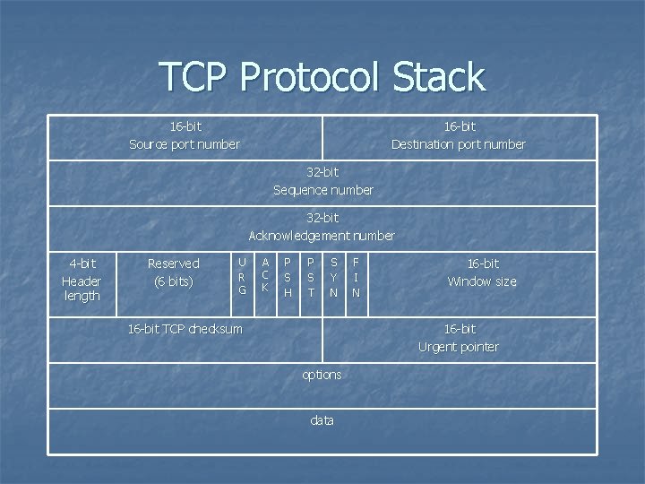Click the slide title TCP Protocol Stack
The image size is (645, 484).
click(x=322, y=77)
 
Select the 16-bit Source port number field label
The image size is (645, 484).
click(x=185, y=135)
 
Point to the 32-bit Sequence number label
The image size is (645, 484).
click(x=322, y=181)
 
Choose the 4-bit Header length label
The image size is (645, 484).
click(x=82, y=279)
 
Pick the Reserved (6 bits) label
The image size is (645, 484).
click(x=174, y=272)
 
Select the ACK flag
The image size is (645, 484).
click(x=264, y=274)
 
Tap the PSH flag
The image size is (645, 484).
click(x=288, y=277)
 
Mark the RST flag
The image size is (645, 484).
click(x=311, y=277)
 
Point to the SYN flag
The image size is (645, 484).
click(x=333, y=277)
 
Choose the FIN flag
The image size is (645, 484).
click(x=356, y=277)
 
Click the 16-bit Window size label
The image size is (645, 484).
click(x=482, y=272)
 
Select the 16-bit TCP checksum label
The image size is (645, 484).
click(x=185, y=329)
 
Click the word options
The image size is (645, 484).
click(x=322, y=375)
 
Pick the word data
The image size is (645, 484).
click(x=322, y=419)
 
